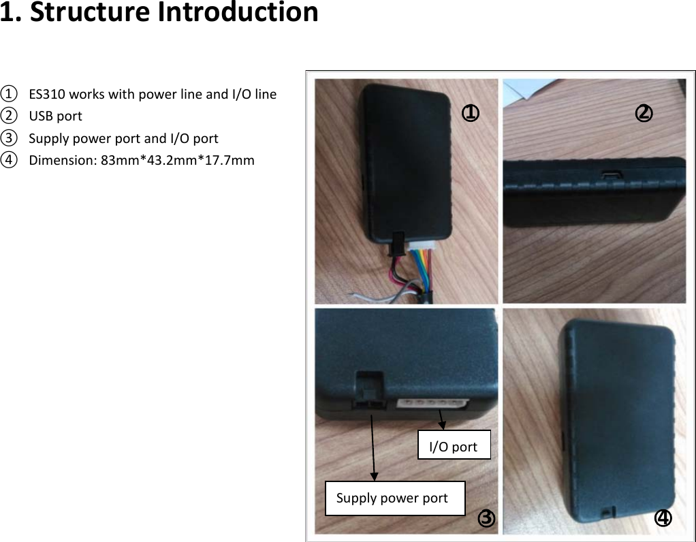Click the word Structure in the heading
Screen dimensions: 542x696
(90, 12)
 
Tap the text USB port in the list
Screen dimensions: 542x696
(55, 116)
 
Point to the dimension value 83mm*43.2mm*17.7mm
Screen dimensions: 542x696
(177, 161)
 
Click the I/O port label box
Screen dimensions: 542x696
(454, 445)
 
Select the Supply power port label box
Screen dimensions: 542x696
(394, 498)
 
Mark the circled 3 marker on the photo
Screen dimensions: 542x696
(486, 518)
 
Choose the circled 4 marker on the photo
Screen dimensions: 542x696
(663, 518)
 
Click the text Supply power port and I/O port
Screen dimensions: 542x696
(123, 139)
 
